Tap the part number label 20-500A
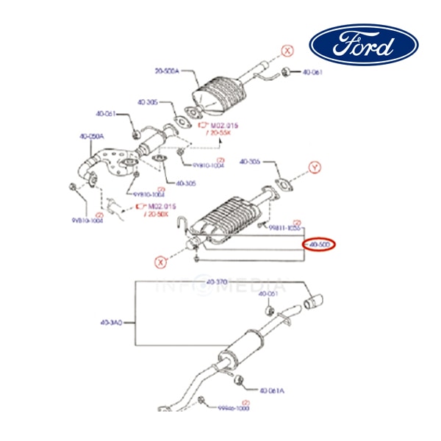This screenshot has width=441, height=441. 167,71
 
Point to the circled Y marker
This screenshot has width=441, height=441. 314,168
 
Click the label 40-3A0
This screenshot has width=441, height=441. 112,322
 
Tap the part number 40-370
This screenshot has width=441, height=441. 217,282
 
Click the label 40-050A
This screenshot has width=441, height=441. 91,136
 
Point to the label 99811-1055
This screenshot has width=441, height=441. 284,229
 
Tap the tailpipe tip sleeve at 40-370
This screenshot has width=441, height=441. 318,300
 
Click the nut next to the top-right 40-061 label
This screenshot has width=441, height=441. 287,72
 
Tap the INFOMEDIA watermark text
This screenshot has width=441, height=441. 220,285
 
